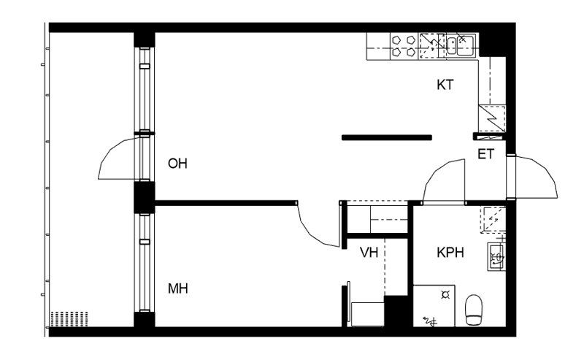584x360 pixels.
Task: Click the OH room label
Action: pos(177,164)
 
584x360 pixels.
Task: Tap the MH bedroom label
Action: pos(177,288)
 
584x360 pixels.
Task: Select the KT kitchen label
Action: pos(445,85)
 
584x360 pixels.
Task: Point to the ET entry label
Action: pos(485,154)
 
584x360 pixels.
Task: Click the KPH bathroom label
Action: pos(450,253)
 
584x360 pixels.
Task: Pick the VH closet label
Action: pos(369,253)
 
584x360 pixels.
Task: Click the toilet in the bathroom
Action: pos(474,310)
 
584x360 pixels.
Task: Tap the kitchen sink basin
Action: pos(461,45)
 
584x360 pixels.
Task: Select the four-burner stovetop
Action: pos(404,46)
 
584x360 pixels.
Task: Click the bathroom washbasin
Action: pos(496,256)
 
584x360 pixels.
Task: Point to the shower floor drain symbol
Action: pos(445,295)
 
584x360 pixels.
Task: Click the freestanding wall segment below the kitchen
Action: pos(387,137)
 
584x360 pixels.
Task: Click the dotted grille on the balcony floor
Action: pos(69,318)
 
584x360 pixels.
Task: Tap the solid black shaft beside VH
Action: pos(396,311)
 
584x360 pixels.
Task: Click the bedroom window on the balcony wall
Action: pos(144,263)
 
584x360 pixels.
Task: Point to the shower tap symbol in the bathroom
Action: pos(430,321)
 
